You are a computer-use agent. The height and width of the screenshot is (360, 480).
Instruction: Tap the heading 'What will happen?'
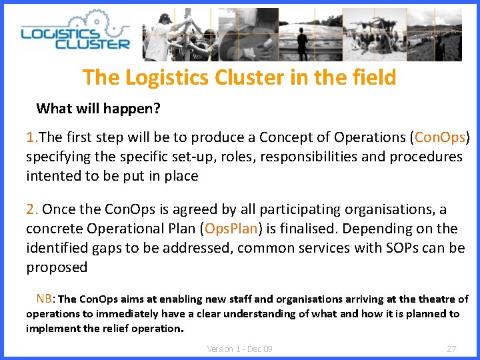click(x=98, y=108)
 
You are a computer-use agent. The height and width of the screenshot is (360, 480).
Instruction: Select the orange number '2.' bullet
click(x=33, y=209)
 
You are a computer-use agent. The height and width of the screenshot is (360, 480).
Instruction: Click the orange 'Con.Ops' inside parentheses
click(x=439, y=137)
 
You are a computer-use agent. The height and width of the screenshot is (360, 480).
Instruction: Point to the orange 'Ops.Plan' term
click(x=231, y=229)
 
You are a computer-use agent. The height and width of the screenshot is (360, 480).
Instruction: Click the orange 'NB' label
click(x=45, y=299)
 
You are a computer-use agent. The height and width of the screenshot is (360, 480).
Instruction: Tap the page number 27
click(x=451, y=349)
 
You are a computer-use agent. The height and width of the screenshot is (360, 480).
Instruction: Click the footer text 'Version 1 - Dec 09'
click(x=239, y=349)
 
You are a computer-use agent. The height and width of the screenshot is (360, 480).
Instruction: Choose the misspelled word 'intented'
click(x=52, y=176)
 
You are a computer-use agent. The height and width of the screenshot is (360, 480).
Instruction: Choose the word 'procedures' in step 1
click(x=424, y=157)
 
